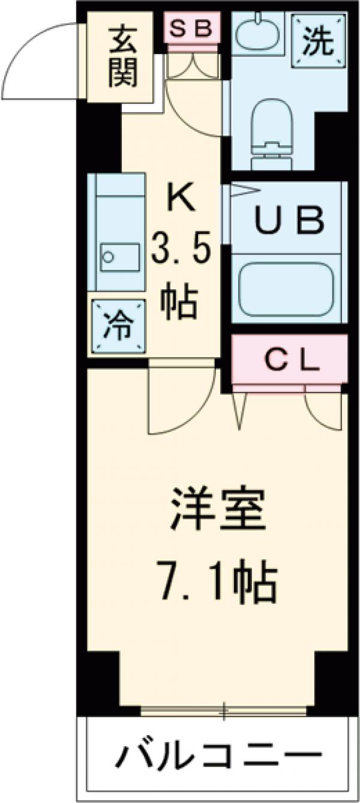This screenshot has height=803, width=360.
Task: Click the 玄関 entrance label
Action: click(124, 58)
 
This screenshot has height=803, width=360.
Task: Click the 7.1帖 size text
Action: click(217, 580)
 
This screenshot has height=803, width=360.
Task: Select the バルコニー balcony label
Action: click(217, 754)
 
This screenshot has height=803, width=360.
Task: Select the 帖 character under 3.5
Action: click(179, 304)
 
